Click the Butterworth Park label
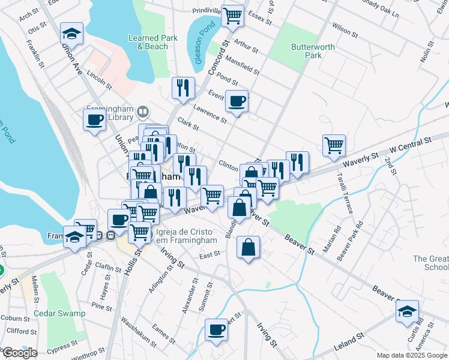pyautogui.click(x=306, y=51)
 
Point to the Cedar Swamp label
pyautogui.click(x=59, y=313)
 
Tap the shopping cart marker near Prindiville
pyautogui.click(x=232, y=16)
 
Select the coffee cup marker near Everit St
pyautogui.click(x=237, y=101)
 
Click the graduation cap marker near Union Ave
pyautogui.click(x=71, y=34)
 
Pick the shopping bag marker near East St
pyautogui.click(x=249, y=247)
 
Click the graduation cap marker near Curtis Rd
pyautogui.click(x=407, y=311)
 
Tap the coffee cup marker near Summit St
pyautogui.click(x=217, y=329)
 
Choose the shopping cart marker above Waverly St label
pyautogui.click(x=334, y=145)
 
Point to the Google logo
pyautogui.click(x=19, y=353)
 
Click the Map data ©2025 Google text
pyautogui.click(x=412, y=355)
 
